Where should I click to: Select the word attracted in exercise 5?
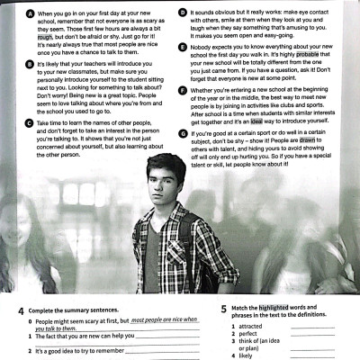click(x=253, y=326)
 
